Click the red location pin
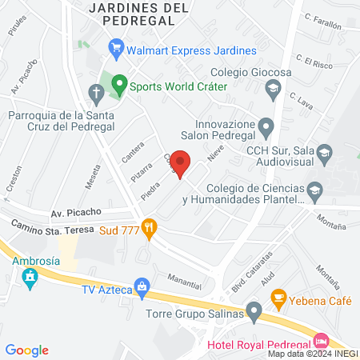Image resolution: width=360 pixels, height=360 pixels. pos(182,162)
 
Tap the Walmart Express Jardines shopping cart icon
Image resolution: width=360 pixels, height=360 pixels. pos(117,49)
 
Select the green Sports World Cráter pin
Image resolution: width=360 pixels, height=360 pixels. pos(119,82)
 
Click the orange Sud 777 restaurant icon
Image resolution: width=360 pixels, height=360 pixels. pos(147,226)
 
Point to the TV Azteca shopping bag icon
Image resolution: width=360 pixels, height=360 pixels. pos(142,286)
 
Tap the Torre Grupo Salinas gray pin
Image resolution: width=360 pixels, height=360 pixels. pos(254,309)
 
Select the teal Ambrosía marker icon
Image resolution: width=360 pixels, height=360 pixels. pos(30,279)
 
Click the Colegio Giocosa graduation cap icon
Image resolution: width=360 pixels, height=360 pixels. pos(274,88)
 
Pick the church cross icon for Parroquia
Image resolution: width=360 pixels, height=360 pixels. pos(95,94)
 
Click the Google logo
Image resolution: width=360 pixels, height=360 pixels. pos(27,350)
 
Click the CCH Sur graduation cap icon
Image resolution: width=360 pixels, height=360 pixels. pos(324,151)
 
